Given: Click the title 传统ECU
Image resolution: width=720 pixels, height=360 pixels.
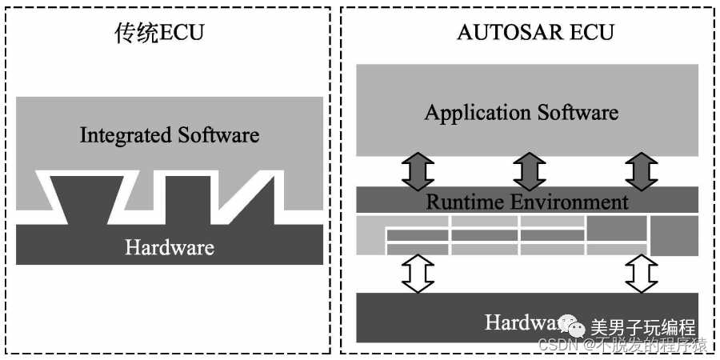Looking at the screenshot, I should coord(159,34).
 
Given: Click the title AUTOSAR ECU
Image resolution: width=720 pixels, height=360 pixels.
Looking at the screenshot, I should coord(535,33).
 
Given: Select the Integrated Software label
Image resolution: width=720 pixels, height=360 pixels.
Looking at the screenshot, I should coord(170,134).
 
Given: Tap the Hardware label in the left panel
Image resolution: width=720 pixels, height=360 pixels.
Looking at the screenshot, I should coord(170,246).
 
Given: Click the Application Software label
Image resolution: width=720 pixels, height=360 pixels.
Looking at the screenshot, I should coord(521,112).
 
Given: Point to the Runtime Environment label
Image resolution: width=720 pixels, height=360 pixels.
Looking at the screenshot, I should coord(526,202).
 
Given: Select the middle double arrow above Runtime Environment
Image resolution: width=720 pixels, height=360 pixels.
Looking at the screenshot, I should coord(529,171).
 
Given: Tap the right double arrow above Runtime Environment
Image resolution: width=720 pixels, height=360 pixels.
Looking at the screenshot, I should coord(640,171).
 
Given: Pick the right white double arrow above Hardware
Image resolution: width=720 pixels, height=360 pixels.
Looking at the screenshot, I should coord(640,274).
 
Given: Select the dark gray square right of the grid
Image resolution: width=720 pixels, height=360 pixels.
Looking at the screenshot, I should coord(673,236).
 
